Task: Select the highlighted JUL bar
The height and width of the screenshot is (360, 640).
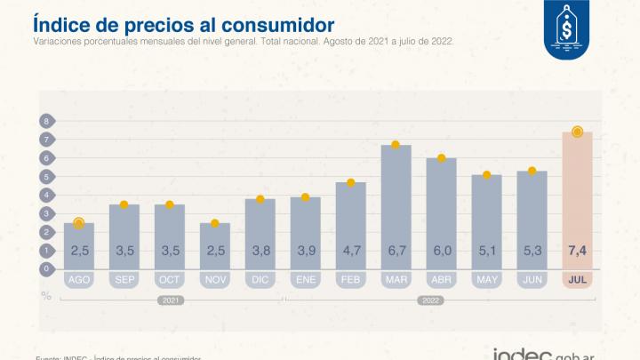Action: click(578, 200)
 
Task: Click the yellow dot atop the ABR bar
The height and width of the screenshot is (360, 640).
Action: click(441, 158)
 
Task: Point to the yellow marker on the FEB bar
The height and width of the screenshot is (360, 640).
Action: click(350, 183)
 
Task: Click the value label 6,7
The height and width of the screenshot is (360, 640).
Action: click(396, 251)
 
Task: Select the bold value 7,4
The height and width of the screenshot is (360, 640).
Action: click(578, 251)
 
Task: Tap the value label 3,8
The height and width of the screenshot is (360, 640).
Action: click(260, 251)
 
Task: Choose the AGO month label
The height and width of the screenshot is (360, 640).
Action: click(79, 279)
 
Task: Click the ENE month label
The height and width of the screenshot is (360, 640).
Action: click(305, 279)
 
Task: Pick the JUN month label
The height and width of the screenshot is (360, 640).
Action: click(532, 279)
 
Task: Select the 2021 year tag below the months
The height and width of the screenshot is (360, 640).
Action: click(170, 300)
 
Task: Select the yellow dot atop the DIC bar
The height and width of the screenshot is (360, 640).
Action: click(260, 200)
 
